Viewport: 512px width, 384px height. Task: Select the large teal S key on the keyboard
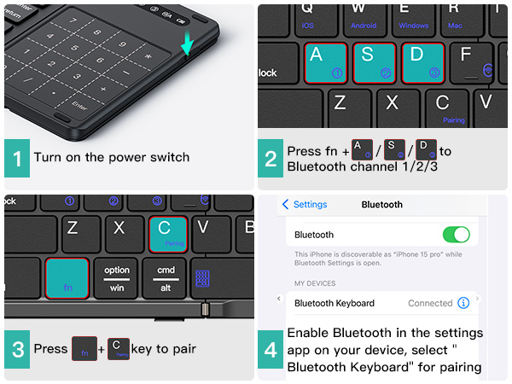click(x=374, y=61)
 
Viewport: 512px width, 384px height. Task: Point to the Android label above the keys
click(x=364, y=26)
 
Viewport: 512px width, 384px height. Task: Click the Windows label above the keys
click(x=414, y=26)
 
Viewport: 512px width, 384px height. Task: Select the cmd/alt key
click(x=165, y=278)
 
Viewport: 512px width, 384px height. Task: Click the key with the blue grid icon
click(x=203, y=278)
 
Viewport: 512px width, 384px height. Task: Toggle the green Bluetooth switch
click(x=457, y=235)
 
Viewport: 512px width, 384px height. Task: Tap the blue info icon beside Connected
click(x=463, y=303)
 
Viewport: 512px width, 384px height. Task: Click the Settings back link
click(x=305, y=205)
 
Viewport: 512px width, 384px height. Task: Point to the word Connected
click(x=430, y=303)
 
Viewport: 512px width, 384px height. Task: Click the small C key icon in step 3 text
click(x=119, y=348)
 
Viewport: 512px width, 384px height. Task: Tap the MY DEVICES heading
click(x=315, y=282)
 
